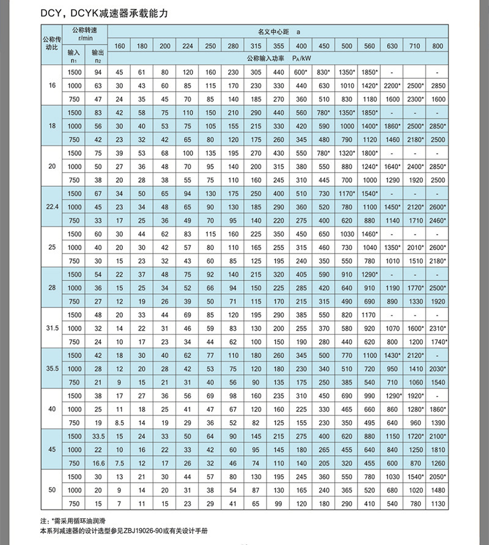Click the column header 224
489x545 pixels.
coord(188,46)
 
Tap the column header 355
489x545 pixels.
coord(279,46)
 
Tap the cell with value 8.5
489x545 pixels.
coord(120,422)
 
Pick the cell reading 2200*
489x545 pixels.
coord(392,85)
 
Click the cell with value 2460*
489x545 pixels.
coord(437,220)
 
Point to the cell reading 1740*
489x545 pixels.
coord(437,342)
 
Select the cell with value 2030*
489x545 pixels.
coord(437,368)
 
